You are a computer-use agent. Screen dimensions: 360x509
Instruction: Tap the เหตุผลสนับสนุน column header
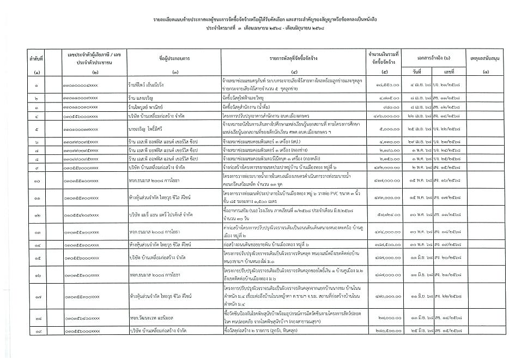tap(485, 57)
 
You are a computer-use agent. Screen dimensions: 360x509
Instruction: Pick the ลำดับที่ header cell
tap(37, 57)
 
